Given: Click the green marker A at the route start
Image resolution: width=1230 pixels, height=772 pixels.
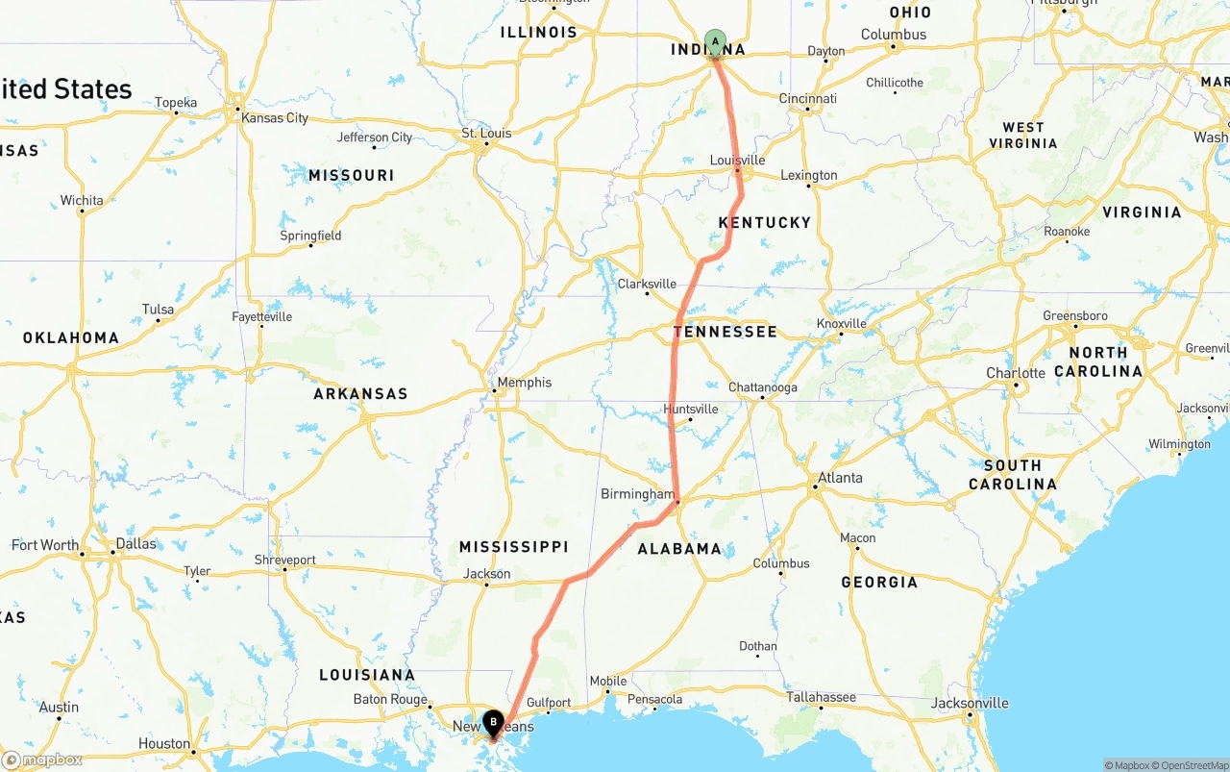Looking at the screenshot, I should (x=715, y=41).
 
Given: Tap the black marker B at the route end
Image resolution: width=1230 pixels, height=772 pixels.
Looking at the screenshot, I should (x=493, y=722).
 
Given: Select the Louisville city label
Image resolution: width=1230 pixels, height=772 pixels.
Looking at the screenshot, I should (x=737, y=160).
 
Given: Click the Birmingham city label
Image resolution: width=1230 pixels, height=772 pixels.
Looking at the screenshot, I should (x=637, y=494).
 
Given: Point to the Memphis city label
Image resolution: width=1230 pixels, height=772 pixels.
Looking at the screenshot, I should (x=525, y=382).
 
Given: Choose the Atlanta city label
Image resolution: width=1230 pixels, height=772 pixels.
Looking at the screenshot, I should (x=840, y=478).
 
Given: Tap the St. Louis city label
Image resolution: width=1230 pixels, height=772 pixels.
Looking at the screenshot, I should (x=486, y=133).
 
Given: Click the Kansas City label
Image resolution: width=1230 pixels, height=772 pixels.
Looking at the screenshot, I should (x=275, y=117).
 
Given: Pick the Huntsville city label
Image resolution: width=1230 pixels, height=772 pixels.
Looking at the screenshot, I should (x=690, y=409).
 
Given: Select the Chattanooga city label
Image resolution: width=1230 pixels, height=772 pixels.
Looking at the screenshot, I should (x=762, y=387).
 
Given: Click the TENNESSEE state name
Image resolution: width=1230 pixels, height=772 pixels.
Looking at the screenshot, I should (x=725, y=332).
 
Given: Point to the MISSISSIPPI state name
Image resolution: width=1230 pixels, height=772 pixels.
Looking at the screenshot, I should (x=513, y=547).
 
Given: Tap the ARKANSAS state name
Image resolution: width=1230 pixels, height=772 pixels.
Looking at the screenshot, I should (x=360, y=393).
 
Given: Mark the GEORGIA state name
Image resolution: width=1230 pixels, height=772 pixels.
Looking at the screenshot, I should (x=879, y=582).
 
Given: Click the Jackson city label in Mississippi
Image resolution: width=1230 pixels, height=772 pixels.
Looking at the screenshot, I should (x=487, y=574).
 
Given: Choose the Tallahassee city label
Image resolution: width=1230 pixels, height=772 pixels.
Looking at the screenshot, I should (x=822, y=697).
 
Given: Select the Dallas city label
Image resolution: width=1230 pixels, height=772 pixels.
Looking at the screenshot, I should (x=135, y=543).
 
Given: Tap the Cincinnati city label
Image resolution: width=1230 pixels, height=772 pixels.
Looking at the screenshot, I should (x=807, y=98).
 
